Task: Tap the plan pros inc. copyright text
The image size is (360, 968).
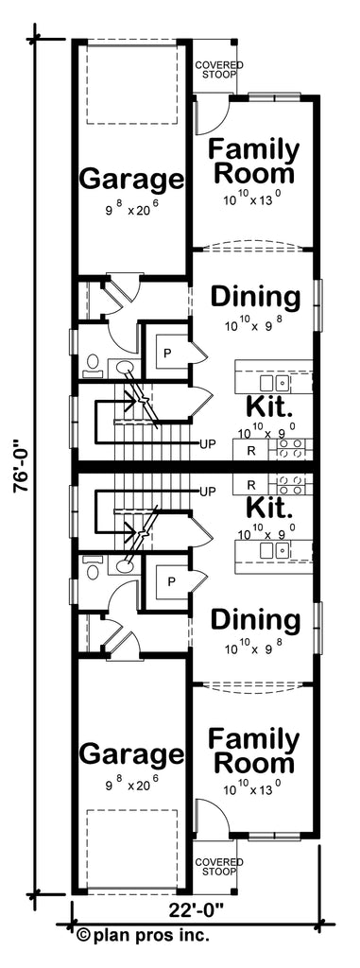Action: [x=143, y=935]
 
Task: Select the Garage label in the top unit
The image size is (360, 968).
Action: [x=130, y=178]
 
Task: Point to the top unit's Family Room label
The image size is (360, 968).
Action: [x=253, y=162]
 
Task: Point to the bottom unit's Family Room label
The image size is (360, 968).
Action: [x=253, y=750]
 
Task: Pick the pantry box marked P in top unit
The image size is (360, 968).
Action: [x=168, y=351]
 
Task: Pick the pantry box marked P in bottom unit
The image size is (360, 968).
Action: [x=168, y=580]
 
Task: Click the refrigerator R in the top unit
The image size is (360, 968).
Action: [x=249, y=450]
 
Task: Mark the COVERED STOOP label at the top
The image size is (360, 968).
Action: [x=218, y=69]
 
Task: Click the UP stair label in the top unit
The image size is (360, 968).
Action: [x=208, y=442]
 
